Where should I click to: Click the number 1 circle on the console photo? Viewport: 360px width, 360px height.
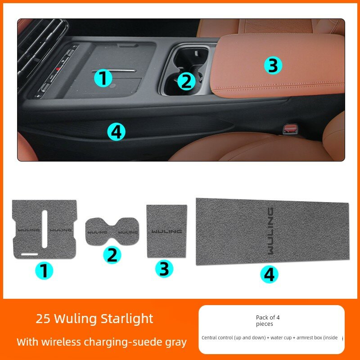[103, 78]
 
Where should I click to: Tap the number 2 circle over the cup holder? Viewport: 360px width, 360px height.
[186, 81]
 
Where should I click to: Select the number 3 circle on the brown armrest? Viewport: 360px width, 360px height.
[273, 65]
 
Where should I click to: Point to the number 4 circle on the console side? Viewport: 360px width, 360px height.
[116, 131]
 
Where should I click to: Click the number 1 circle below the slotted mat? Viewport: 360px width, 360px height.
[45, 271]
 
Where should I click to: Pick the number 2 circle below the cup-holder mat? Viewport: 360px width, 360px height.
[112, 255]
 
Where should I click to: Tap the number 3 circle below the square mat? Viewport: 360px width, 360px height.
[164, 269]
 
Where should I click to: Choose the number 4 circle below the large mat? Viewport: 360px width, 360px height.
[269, 274]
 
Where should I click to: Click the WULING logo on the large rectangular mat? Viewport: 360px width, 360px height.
[270, 231]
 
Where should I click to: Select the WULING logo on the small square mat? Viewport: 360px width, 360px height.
[166, 231]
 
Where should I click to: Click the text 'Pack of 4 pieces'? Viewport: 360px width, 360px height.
[268, 320]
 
